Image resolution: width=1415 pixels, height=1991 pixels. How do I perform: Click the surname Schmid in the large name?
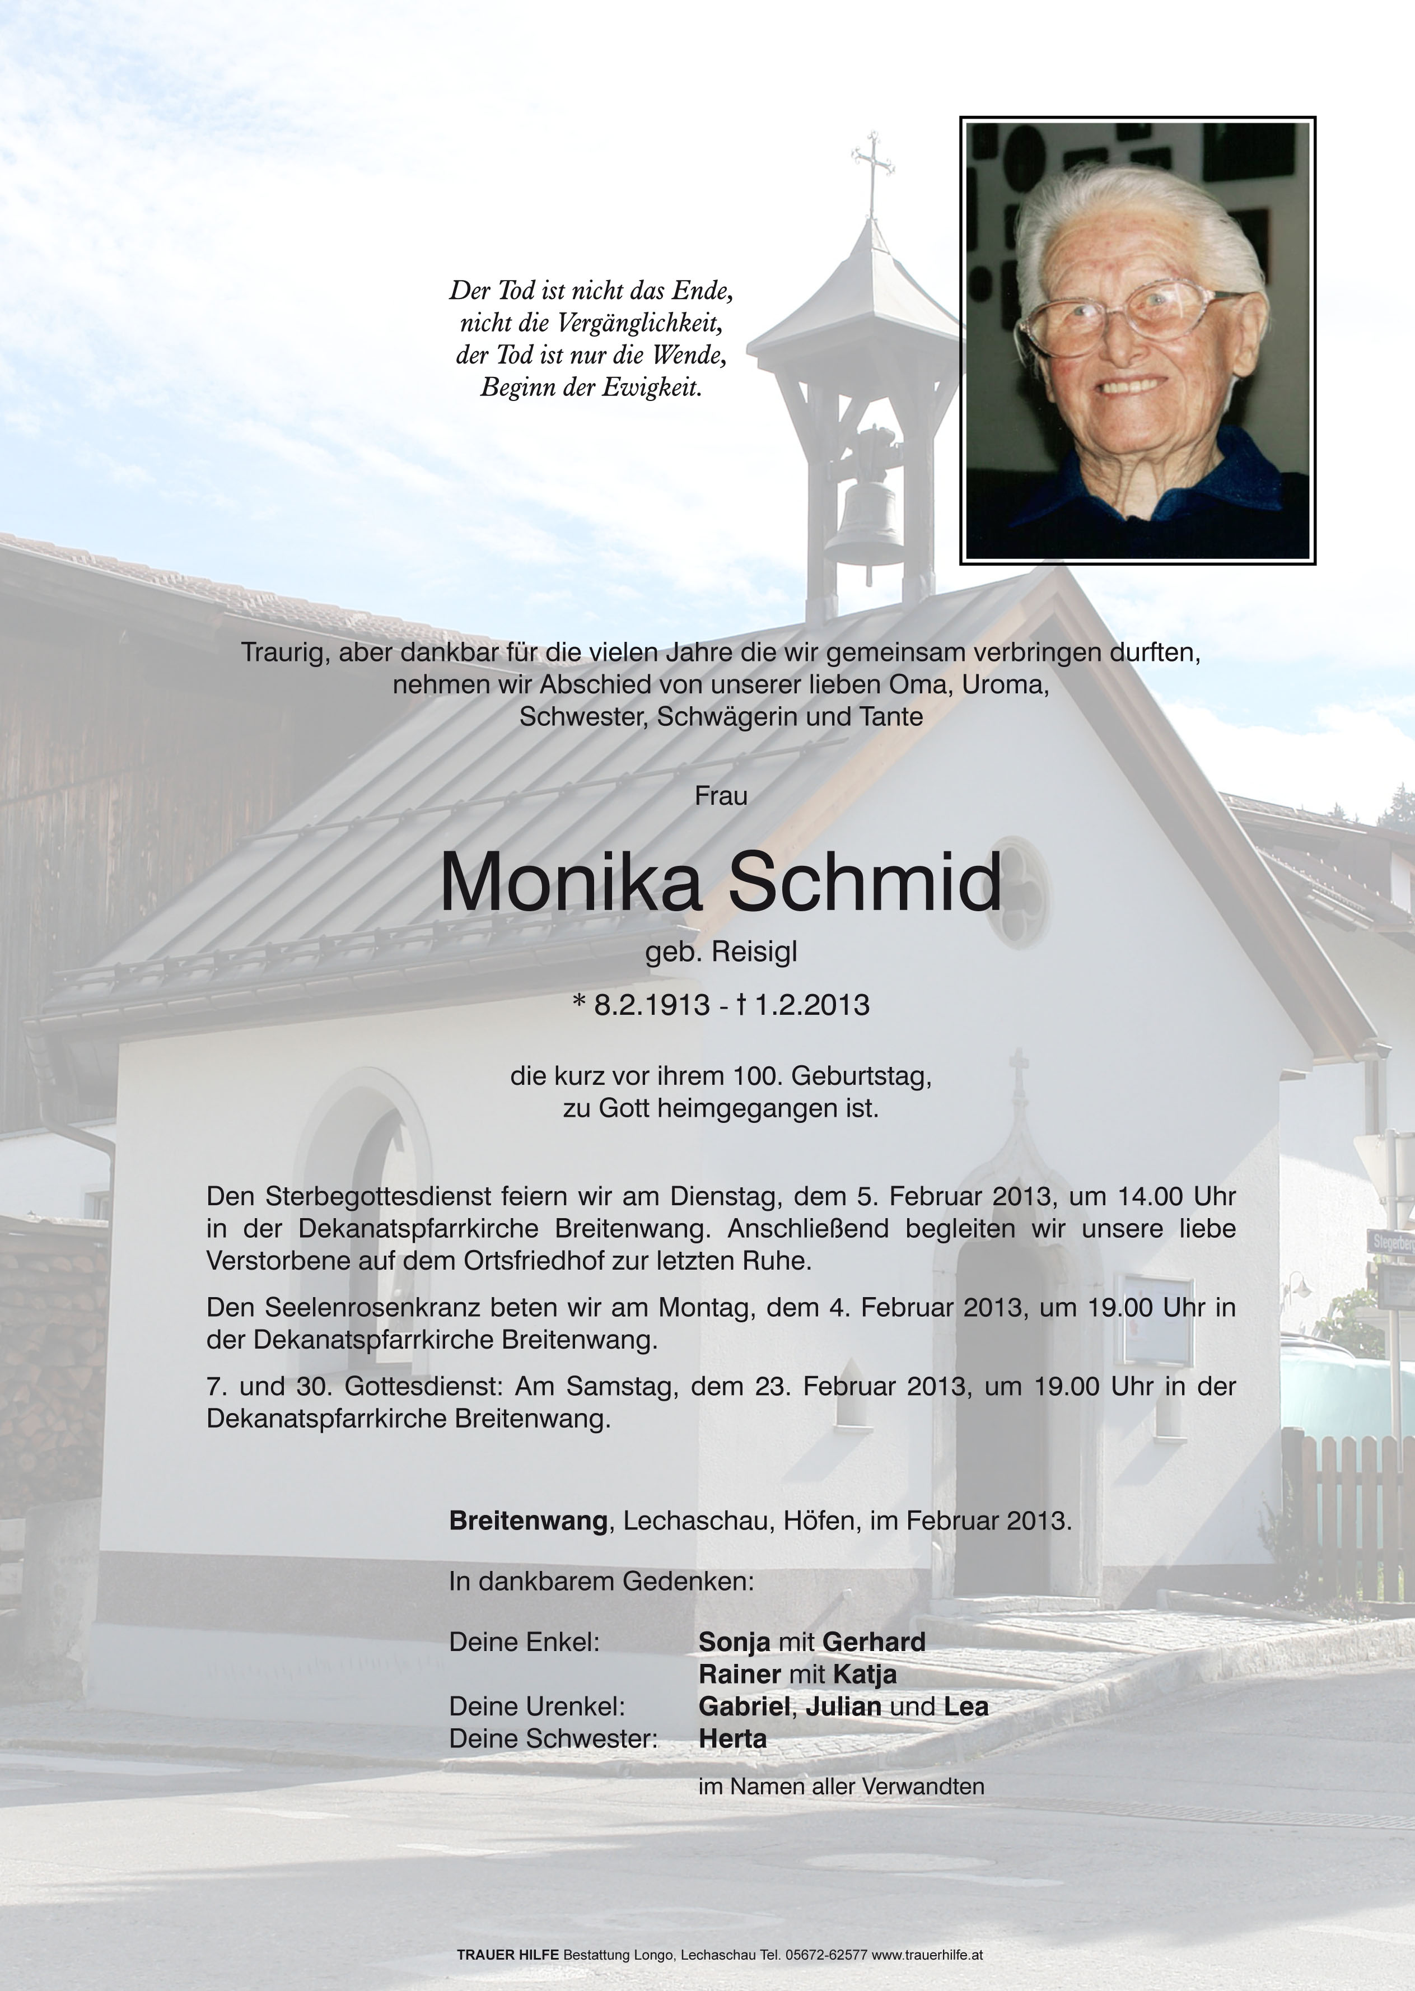pyautogui.click(x=865, y=883)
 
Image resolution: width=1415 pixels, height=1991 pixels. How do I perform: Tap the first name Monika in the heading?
pyautogui.click(x=571, y=883)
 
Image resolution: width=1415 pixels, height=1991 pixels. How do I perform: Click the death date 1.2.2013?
pyautogui.click(x=812, y=1005)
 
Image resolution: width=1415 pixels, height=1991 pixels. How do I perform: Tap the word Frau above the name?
pyautogui.click(x=721, y=796)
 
